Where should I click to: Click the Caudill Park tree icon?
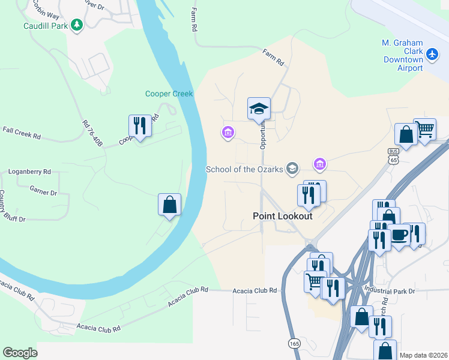pyautogui.click(x=76, y=25)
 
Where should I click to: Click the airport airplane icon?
pyautogui.click(x=432, y=54)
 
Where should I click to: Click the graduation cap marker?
pyautogui.click(x=259, y=109)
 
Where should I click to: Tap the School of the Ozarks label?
pyautogui.click(x=244, y=169)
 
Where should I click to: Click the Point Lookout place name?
pyautogui.click(x=282, y=216)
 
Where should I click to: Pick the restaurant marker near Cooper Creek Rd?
pyautogui.click(x=140, y=126)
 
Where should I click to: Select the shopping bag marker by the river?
pyautogui.click(x=170, y=205)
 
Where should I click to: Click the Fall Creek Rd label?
pyautogui.click(x=21, y=133)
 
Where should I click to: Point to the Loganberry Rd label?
pyautogui.click(x=29, y=172)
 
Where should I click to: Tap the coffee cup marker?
pyautogui.click(x=399, y=235)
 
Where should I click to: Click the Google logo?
pyautogui.click(x=20, y=353)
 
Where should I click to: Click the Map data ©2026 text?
pyautogui.click(x=424, y=355)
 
